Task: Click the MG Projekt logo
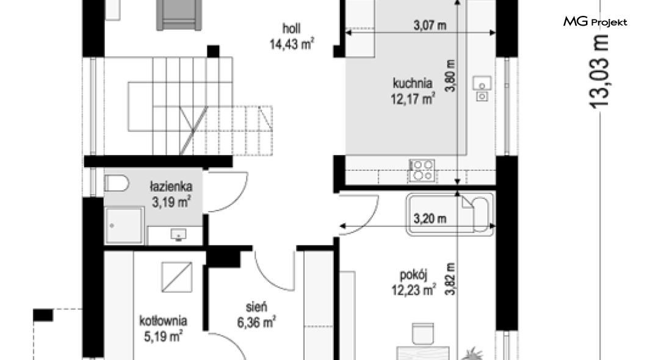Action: tap(595, 22)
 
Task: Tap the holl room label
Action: tap(291, 29)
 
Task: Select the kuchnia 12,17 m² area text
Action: tap(413, 91)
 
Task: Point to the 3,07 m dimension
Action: tap(430, 26)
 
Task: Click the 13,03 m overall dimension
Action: tap(599, 72)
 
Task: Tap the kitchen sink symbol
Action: tap(482, 88)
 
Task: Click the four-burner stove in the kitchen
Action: tap(421, 170)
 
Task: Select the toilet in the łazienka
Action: tap(117, 183)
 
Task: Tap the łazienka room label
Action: tap(171, 186)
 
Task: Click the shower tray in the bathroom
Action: tap(125, 225)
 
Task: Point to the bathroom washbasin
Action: tap(178, 235)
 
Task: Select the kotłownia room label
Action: tap(163, 321)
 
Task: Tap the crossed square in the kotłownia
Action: tap(177, 277)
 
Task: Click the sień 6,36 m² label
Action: tap(256, 315)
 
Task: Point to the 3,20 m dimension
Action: tap(430, 218)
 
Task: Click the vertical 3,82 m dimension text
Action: tap(450, 279)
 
